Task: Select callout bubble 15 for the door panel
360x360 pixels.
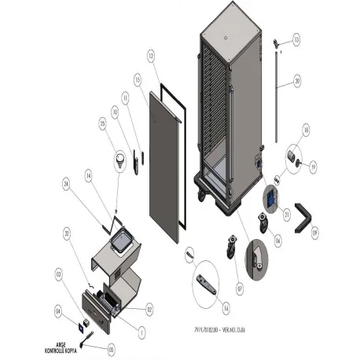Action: (x=138, y=80)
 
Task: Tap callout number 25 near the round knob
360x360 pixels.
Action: (x=102, y=123)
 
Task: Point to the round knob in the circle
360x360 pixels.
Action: (x=120, y=160)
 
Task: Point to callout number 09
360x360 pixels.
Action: (x=315, y=232)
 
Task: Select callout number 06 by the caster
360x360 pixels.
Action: (x=277, y=241)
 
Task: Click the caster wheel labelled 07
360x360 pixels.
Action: (x=232, y=246)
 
